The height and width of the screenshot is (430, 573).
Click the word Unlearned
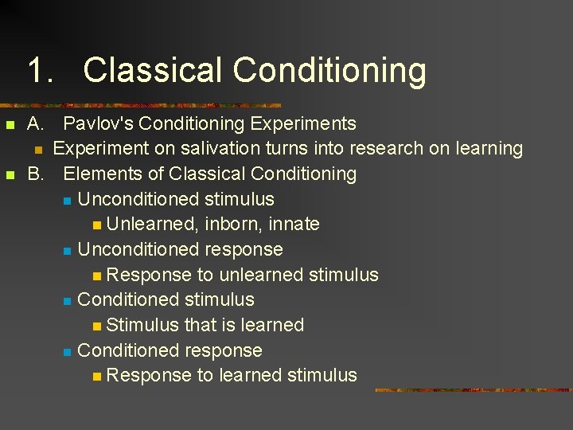[152, 225]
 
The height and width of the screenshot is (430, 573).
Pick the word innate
[294, 225]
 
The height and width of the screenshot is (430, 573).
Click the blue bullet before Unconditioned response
[68, 251]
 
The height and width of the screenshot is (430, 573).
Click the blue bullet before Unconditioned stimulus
[68, 200]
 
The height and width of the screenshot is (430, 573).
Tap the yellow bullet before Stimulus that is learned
[96, 326]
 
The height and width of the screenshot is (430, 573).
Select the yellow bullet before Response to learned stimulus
[96, 377]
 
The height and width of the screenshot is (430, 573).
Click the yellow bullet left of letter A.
[10, 125]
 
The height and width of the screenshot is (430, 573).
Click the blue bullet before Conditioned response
[68, 352]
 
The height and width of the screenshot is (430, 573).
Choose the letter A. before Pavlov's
[36, 123]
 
